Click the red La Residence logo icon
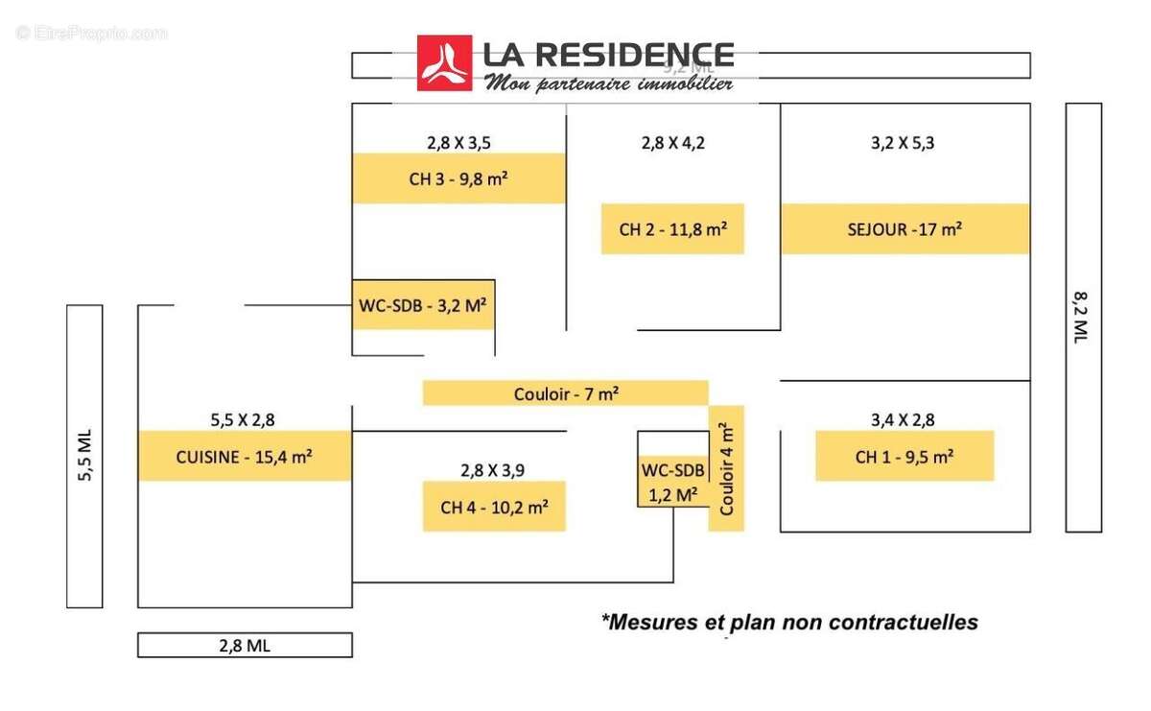click(444, 63)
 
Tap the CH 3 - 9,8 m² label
click(458, 178)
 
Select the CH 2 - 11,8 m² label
click(672, 229)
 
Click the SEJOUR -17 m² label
click(904, 229)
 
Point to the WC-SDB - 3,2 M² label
click(423, 305)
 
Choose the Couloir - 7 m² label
click(565, 393)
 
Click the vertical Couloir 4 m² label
click(726, 468)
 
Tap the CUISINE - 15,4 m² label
click(245, 457)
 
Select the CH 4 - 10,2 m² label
click(494, 507)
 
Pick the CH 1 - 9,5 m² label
click(904, 457)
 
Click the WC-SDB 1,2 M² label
click(672, 482)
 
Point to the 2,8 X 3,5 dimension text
click(458, 143)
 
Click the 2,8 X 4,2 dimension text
click(672, 143)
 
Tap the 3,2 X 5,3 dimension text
click(903, 143)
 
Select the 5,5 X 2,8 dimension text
click(244, 419)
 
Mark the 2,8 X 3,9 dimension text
click(494, 469)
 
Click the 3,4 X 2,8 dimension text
click(903, 419)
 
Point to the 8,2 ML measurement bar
click(1083, 318)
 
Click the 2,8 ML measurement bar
click(245, 646)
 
